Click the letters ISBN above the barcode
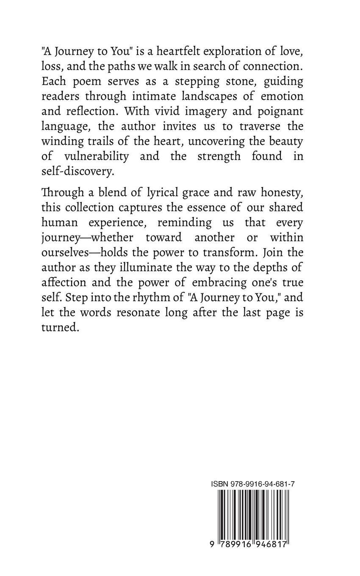[x=219, y=484]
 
